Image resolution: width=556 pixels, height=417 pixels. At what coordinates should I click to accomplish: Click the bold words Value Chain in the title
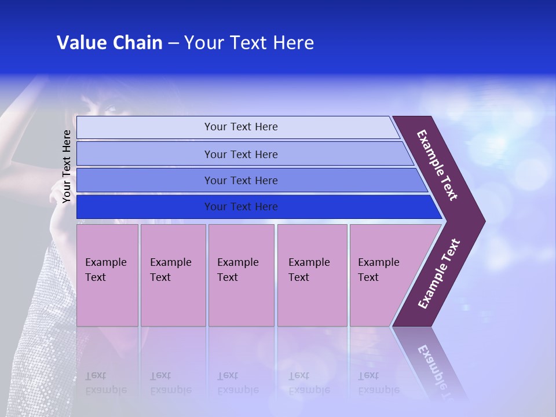click(x=109, y=43)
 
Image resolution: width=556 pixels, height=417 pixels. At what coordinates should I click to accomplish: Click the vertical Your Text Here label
click(x=67, y=166)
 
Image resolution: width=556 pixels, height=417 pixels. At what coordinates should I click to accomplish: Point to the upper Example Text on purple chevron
click(x=437, y=165)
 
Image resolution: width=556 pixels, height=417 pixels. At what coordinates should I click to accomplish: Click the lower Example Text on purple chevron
click(x=439, y=274)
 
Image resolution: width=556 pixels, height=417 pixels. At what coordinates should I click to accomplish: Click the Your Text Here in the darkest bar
click(x=241, y=207)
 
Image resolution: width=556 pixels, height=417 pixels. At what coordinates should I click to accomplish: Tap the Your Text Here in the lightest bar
click(x=241, y=127)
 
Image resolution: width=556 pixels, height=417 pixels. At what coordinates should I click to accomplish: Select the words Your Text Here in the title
click(x=249, y=43)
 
